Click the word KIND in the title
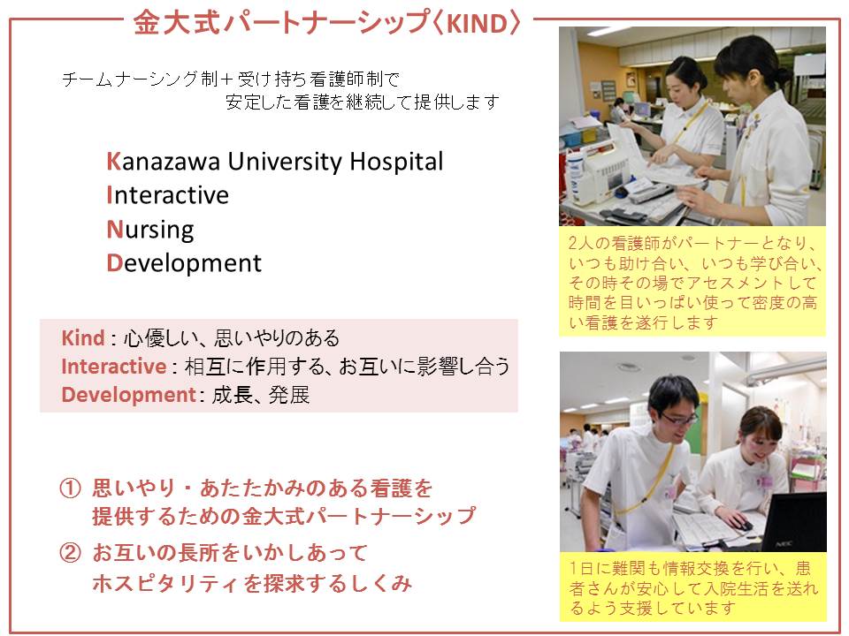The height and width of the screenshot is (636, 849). point(476,24)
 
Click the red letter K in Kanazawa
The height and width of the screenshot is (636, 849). point(114,161)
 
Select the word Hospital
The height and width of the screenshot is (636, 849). point(396,163)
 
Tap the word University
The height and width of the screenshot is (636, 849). point(285,163)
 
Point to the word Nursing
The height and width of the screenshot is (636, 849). point(150,230)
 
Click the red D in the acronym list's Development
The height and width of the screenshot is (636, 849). point(114,263)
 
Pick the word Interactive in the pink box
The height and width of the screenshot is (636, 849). point(114,366)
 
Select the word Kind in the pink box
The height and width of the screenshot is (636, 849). point(83,338)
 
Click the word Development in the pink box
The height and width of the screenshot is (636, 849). point(128,395)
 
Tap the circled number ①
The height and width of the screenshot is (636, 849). point(70,488)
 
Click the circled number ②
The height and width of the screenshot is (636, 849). point(70,553)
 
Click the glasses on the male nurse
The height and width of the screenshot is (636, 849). point(678,418)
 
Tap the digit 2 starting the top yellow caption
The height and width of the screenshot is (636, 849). point(573,243)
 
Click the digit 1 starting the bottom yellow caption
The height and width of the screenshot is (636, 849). point(573,568)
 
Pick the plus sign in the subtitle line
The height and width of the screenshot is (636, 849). point(227,80)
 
